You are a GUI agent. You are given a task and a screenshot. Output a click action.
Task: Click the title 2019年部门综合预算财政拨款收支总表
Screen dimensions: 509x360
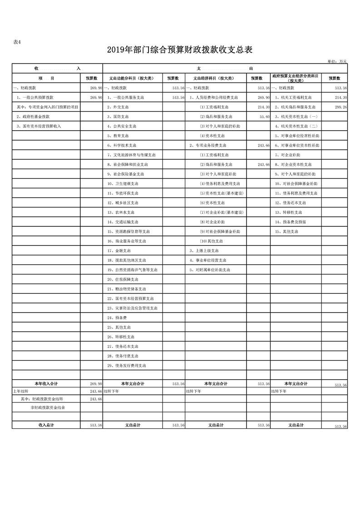coord(180,49)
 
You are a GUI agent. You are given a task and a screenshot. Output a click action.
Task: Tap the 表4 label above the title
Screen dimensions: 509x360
coord(17,42)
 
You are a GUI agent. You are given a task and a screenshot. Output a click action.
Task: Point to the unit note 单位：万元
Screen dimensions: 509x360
coord(336,61)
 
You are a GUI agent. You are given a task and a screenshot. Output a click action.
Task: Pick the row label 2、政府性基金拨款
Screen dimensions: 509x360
coord(33,117)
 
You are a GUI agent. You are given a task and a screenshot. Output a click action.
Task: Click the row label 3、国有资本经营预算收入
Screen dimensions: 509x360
coord(39,126)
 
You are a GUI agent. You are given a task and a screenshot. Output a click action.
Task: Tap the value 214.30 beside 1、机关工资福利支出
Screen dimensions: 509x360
coord(340,98)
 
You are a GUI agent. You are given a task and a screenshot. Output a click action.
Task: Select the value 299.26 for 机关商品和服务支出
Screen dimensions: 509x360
coord(340,107)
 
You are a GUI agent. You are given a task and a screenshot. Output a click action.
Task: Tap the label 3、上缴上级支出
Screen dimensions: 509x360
coord(204,250)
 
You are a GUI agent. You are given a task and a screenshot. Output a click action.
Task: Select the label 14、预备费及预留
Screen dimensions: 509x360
coord(290,222)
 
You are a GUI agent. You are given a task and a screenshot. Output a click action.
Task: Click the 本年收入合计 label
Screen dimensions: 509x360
coord(46,384)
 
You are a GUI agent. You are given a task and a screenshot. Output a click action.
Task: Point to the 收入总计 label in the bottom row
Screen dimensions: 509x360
coord(46,425)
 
